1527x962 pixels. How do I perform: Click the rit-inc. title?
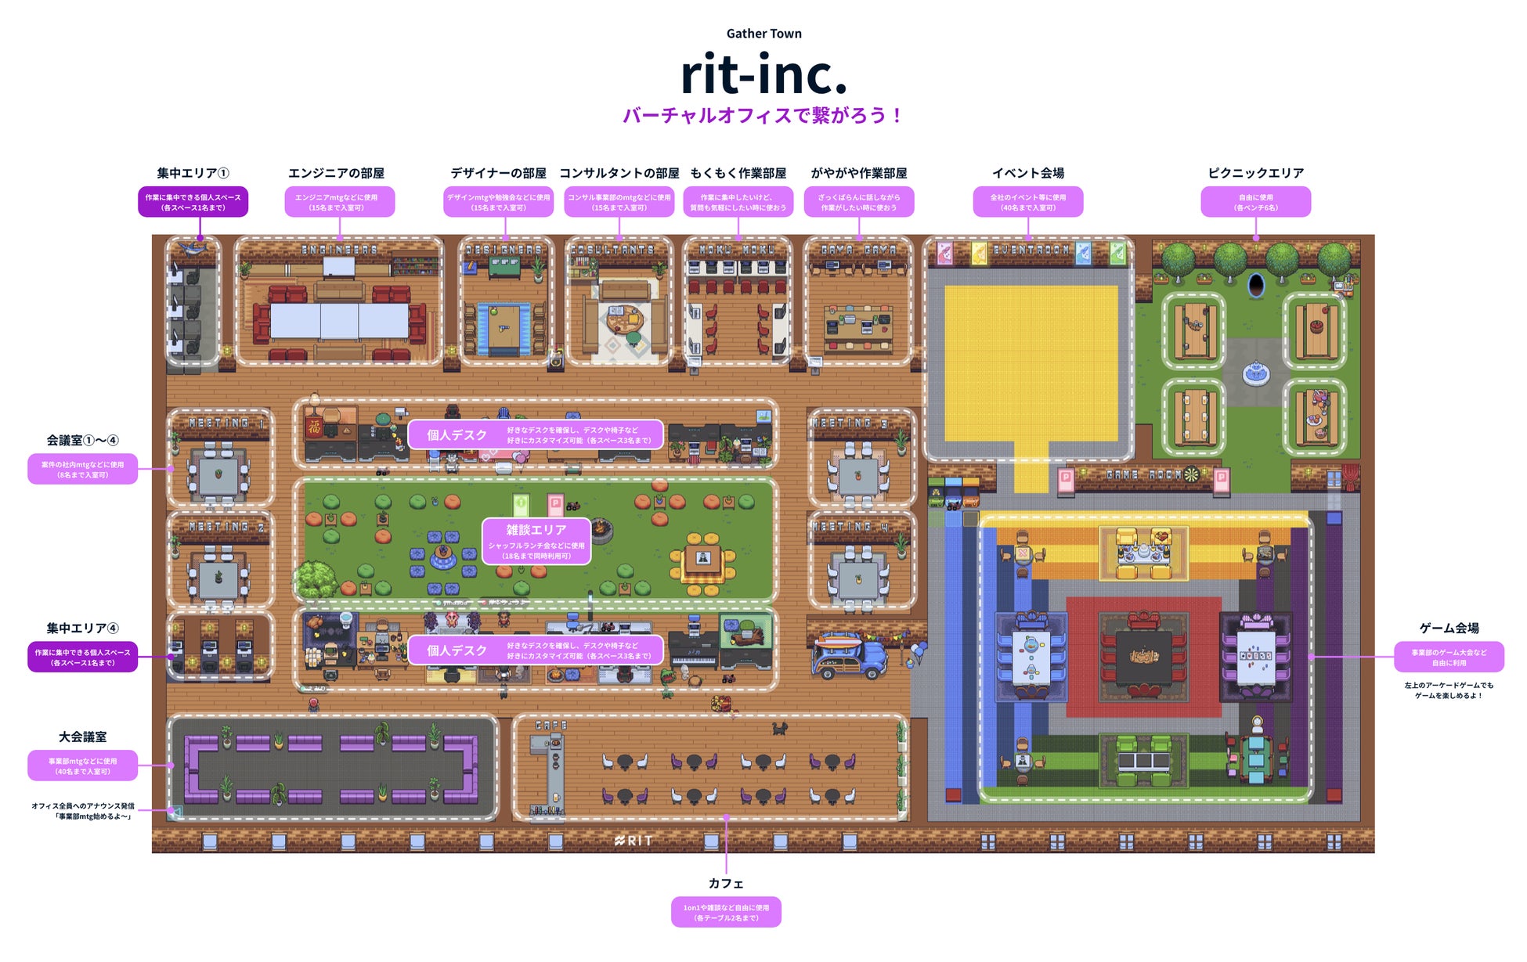pyautogui.click(x=763, y=74)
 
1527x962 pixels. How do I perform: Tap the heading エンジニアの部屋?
pyautogui.click(x=336, y=173)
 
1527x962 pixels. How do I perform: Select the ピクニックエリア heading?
pyautogui.click(x=1255, y=173)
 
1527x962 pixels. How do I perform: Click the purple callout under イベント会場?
pyautogui.click(x=1027, y=202)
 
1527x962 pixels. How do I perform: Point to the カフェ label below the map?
pyautogui.click(x=726, y=883)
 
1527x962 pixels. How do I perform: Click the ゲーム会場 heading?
pyautogui.click(x=1449, y=628)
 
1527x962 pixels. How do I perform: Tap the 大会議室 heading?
pyautogui.click(x=82, y=737)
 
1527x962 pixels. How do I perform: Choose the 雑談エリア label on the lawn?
pyautogui.click(x=536, y=530)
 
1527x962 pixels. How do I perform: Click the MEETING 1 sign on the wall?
pyautogui.click(x=226, y=423)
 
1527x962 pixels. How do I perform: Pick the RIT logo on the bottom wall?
pyautogui.click(x=634, y=841)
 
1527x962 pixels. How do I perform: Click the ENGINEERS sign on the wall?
pyautogui.click(x=339, y=250)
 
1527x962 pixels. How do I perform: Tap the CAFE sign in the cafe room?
pyautogui.click(x=551, y=726)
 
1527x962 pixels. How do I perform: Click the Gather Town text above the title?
pyautogui.click(x=763, y=34)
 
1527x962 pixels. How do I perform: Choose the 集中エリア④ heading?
pyautogui.click(x=82, y=628)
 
